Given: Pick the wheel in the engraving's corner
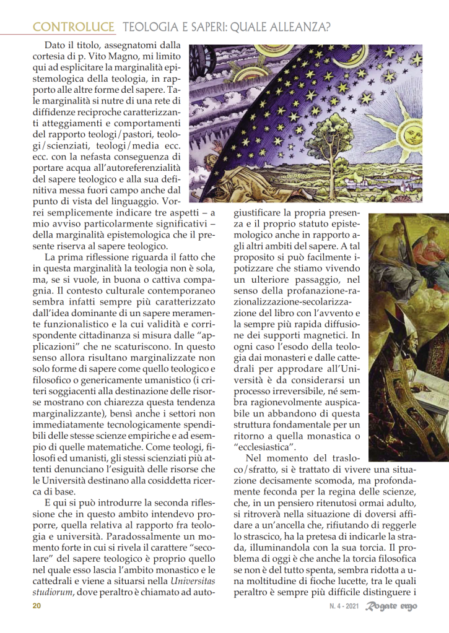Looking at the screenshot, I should [199, 59].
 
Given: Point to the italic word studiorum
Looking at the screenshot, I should [54, 593].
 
